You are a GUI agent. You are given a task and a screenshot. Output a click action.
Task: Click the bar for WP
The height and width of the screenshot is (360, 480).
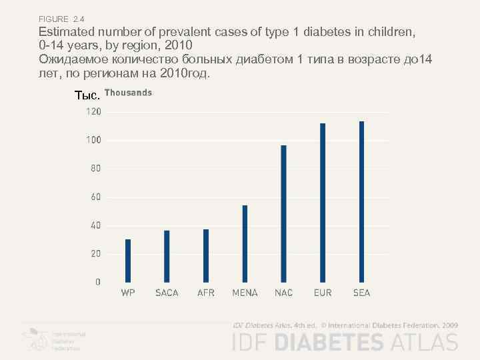coord(128,261)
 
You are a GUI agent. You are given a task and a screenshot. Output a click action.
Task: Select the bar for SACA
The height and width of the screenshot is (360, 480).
coord(167,257)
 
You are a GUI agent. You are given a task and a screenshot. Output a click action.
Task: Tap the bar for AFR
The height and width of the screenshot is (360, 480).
coord(206,256)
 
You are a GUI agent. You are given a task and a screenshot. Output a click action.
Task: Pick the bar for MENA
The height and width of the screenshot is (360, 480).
coord(245,244)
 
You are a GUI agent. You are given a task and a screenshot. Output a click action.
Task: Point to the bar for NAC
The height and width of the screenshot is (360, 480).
coord(283,214)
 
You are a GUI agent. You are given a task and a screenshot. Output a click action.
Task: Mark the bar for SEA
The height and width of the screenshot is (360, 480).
coord(361,202)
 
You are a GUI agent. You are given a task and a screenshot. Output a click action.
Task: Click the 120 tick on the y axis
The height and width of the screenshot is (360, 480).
coord(93,112)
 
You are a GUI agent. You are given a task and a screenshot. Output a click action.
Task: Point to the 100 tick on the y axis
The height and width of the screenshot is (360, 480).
coord(93,141)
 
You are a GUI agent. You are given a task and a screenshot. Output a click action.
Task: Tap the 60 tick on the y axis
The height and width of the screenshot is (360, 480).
coord(95,197)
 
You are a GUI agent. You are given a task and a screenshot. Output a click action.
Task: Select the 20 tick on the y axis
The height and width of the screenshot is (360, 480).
coord(95,254)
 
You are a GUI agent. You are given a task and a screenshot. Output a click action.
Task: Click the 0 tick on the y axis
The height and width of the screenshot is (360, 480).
coord(98,282)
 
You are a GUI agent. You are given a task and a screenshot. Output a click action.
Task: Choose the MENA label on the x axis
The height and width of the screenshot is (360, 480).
coord(245,293)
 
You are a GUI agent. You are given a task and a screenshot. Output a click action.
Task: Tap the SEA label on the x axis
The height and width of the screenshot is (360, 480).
coord(361,293)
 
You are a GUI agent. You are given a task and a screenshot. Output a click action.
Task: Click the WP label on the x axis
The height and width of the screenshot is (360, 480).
coord(128,293)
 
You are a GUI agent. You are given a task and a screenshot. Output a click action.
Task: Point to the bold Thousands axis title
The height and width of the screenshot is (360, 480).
coord(128,93)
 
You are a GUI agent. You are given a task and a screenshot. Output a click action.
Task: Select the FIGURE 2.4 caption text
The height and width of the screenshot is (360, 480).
coord(61,19)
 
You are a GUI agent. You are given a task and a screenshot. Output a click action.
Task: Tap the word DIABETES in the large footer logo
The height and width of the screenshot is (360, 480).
coord(329,343)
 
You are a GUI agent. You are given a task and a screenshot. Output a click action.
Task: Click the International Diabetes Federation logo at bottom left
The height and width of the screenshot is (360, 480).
coord(54,339)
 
